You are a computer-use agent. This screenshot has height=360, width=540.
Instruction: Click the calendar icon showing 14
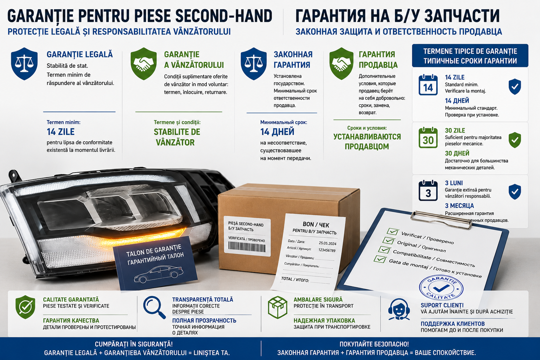428,85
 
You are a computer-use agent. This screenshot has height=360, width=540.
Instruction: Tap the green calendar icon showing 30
428,137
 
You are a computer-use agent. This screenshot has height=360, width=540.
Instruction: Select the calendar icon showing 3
428,191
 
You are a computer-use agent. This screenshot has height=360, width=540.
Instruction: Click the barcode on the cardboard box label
247,247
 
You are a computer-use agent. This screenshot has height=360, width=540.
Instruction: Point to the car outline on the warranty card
158,274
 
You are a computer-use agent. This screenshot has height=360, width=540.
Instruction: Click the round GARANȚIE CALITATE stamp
441,288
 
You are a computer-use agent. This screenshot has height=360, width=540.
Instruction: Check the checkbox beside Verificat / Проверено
393,231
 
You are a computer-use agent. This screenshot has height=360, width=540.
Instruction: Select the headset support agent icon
399,309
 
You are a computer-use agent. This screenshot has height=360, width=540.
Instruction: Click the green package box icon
278,307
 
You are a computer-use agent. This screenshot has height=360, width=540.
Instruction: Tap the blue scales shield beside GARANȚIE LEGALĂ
24,64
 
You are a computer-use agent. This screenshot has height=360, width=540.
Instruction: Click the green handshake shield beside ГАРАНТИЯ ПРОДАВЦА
341,64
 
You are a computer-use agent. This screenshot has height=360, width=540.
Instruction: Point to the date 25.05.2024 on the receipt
328,243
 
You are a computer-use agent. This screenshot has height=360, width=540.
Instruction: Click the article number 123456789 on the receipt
327,250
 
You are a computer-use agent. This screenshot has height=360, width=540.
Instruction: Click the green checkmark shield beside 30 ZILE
515,140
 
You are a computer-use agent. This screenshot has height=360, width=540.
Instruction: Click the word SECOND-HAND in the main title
224,16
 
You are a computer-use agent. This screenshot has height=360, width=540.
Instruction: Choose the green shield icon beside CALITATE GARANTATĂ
25,307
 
